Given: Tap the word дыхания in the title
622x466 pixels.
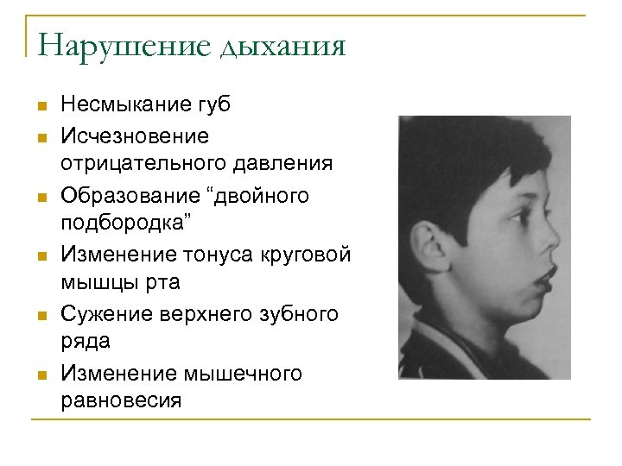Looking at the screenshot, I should tap(283, 45).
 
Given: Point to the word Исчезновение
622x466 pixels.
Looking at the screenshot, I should tap(135, 135).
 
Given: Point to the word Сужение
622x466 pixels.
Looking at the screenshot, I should tap(104, 315).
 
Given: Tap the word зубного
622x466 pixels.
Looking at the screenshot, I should tap(298, 315).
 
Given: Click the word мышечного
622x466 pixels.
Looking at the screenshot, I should tap(243, 374).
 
